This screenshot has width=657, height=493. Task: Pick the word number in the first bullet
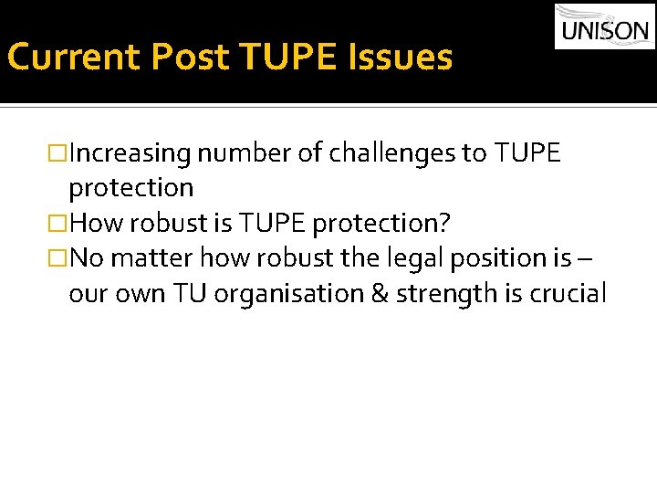[x=242, y=153]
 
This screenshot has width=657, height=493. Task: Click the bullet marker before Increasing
[x=60, y=153]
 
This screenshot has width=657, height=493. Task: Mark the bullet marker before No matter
[x=60, y=258]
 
